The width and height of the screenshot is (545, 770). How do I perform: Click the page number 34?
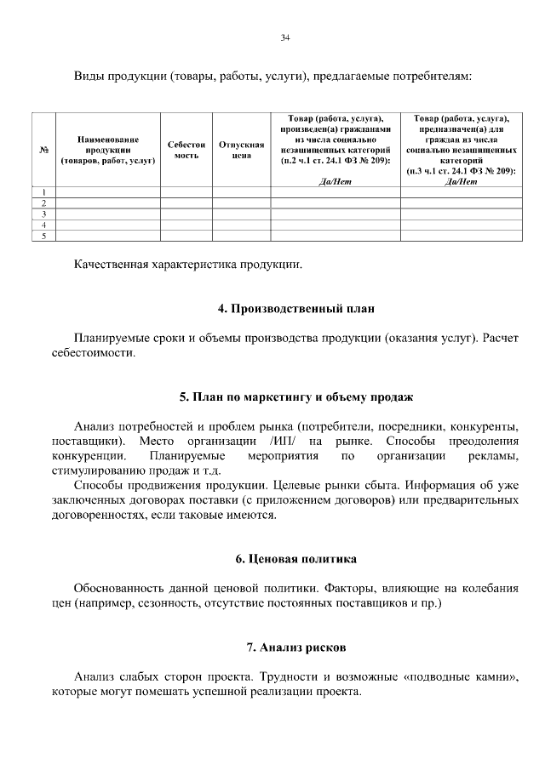285,37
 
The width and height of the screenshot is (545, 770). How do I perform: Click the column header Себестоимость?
186,150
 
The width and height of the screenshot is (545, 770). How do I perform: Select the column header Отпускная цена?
235,150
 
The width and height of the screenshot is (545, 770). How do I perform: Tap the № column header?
43,150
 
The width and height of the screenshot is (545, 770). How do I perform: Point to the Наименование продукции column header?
107,149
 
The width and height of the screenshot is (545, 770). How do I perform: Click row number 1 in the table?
43,192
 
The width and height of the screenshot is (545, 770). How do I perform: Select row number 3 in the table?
43,214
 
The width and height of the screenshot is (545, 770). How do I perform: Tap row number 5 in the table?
43,236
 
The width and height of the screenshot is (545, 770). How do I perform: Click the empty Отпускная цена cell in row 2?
235,203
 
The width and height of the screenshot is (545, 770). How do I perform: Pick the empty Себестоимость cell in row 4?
186,225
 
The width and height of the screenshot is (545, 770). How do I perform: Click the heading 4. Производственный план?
295,308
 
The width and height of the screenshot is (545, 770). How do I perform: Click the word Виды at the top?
89,77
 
